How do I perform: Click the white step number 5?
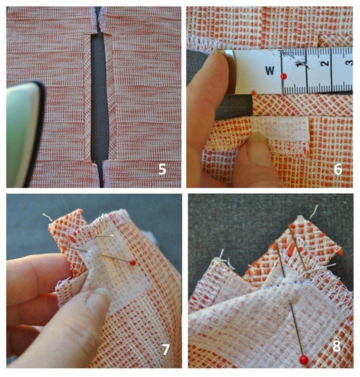click(162, 169)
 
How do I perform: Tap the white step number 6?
click(338, 170)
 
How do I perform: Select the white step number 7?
click(166, 350)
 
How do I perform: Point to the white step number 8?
click(337, 346)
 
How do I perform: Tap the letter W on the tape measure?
click(270, 70)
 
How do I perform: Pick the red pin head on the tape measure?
click(284, 76)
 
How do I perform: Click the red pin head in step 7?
click(133, 263)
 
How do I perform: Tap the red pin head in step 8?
click(304, 360)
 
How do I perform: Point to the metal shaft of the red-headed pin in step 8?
click(296, 329)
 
